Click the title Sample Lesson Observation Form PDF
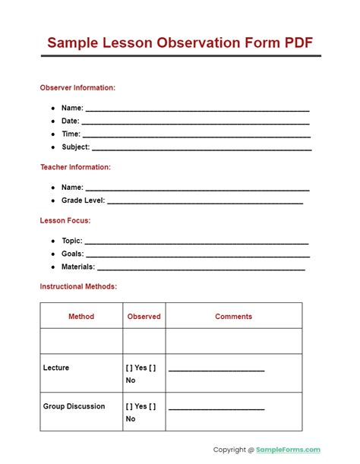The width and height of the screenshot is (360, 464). click(x=179, y=43)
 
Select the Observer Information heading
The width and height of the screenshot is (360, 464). click(x=77, y=87)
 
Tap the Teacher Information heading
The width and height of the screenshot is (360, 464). click(x=75, y=167)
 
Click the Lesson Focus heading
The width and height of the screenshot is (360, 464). click(x=65, y=220)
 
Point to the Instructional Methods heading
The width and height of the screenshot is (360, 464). click(x=78, y=287)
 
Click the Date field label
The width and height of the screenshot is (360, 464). click(x=71, y=121)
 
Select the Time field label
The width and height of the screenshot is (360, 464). click(x=71, y=134)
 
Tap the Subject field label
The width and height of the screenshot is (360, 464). click(x=76, y=147)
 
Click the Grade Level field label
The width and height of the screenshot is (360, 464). click(x=84, y=200)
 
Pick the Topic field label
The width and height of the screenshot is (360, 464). click(x=72, y=241)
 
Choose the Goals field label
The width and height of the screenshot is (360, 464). click(x=73, y=254)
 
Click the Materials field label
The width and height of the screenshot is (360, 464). click(x=78, y=267)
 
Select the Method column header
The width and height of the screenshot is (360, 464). click(x=81, y=316)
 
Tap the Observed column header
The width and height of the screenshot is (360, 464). click(x=144, y=316)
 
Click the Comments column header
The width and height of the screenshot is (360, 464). click(x=233, y=316)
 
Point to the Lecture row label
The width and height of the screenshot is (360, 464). click(x=56, y=368)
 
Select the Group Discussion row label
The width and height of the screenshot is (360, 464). click(x=74, y=406)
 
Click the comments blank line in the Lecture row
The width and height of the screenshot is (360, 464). click(x=216, y=369)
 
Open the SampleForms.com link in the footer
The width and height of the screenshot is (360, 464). click(x=289, y=450)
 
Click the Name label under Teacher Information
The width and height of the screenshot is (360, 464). click(x=72, y=188)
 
